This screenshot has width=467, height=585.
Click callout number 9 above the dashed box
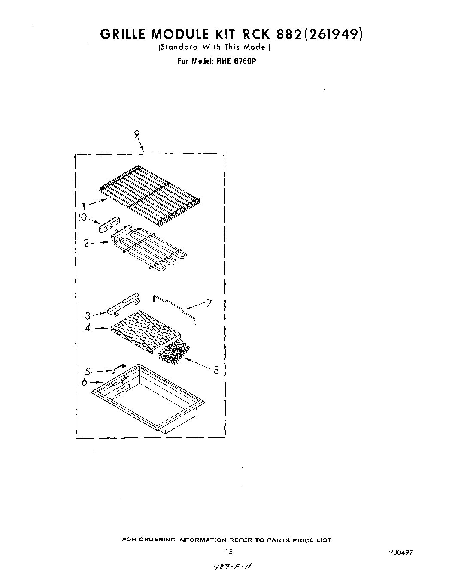coord(136,134)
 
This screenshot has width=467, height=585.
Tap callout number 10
coord(82,218)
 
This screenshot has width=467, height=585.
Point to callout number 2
coord(86,243)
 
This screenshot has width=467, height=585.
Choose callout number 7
coord(209,304)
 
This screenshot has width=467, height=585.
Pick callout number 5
coord(88,371)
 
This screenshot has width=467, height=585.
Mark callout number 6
coord(85,382)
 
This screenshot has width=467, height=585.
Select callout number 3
coord(88,316)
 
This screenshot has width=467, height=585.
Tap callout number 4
coord(88,328)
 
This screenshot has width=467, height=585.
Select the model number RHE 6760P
coord(236,61)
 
